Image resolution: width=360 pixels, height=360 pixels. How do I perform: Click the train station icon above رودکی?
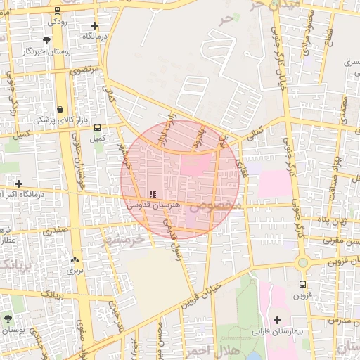point(57,11)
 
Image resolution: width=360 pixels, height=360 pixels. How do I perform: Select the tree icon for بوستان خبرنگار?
point(47,39)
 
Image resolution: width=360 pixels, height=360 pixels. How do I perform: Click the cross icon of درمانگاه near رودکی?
point(94,25)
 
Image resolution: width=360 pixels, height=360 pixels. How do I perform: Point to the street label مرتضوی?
point(86,70)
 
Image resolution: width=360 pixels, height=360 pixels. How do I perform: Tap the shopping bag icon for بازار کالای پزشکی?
point(60,109)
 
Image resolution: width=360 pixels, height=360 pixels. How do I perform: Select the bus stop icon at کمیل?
point(97,128)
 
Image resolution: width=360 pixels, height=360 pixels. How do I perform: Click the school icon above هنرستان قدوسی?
point(153,193)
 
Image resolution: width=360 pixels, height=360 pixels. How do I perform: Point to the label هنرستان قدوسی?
point(153,205)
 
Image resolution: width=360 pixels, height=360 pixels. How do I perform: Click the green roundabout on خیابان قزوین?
point(303,262)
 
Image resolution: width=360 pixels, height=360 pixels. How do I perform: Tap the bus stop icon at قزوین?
point(302,285)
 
